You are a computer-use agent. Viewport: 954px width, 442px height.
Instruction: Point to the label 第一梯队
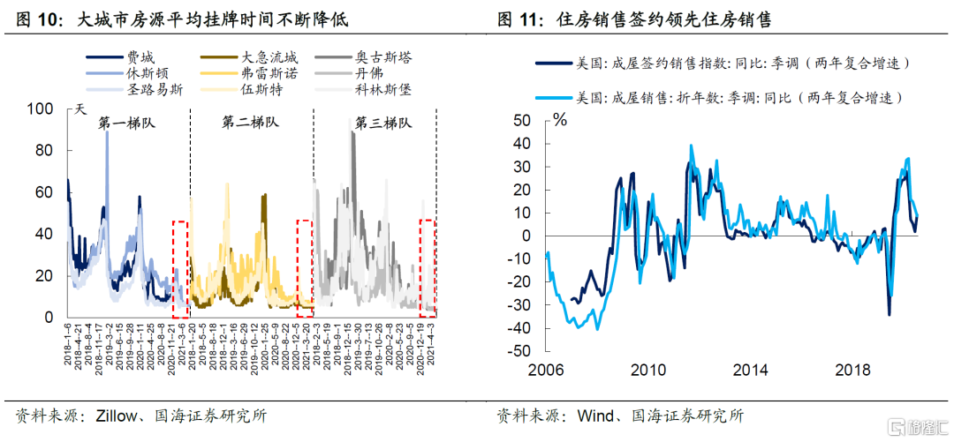click(125, 124)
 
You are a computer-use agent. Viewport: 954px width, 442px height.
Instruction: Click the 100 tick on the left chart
click(41, 109)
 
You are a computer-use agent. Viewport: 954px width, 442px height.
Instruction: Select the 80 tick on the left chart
click(44, 150)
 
